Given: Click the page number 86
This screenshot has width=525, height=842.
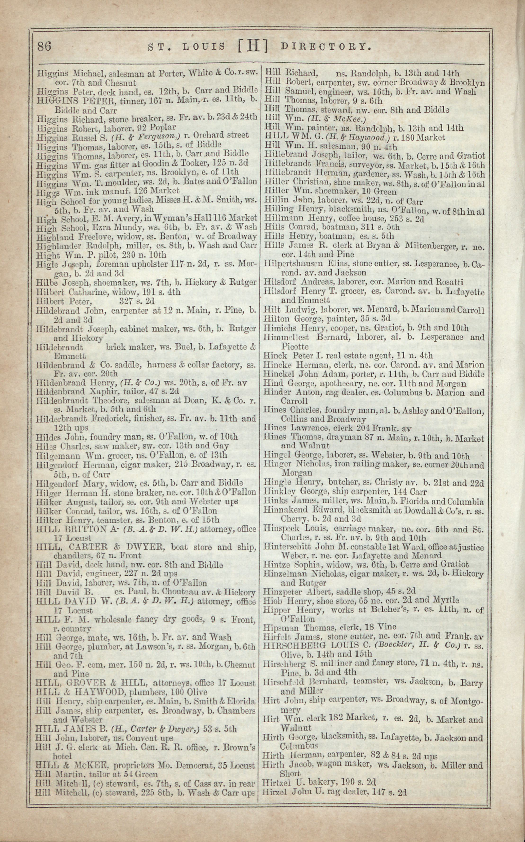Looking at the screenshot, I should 44,46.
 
